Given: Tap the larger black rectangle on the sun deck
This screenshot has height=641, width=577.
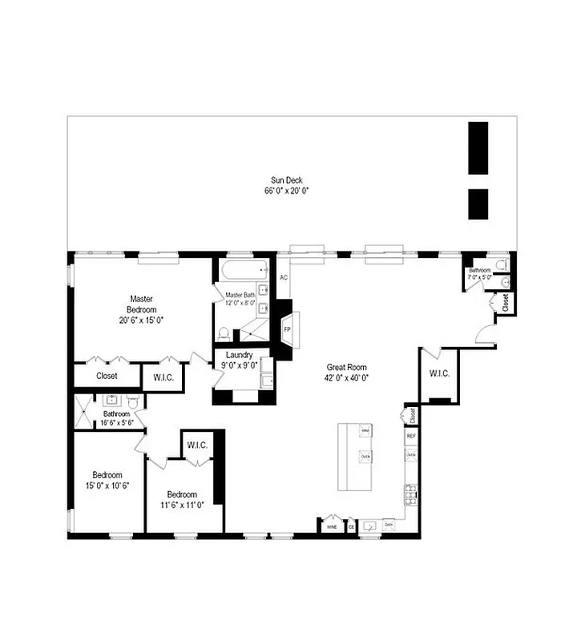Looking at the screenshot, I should click(x=478, y=148).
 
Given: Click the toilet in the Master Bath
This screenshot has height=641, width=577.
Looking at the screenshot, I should click(x=225, y=333).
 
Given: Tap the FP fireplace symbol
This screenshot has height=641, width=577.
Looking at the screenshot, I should click(x=286, y=329).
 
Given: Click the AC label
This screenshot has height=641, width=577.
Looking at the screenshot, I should click(x=284, y=278).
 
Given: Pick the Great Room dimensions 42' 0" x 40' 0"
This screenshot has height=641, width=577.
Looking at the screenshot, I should click(x=346, y=377).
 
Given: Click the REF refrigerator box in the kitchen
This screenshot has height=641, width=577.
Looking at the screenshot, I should click(x=411, y=436).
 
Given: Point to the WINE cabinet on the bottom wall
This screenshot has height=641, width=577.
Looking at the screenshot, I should click(x=331, y=526).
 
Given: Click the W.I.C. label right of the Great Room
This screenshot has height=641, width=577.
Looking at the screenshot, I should click(x=438, y=373).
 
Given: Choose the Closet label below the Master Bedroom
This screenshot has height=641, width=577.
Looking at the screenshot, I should click(x=107, y=375).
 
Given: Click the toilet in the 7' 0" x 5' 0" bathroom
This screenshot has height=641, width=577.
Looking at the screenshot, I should click(x=501, y=265).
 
